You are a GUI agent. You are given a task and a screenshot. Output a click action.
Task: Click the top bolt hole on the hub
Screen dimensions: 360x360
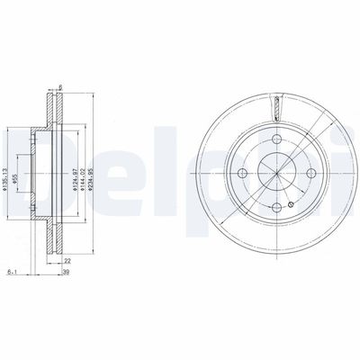274,135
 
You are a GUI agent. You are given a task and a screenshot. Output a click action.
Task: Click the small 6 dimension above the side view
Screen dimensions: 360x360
58,87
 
